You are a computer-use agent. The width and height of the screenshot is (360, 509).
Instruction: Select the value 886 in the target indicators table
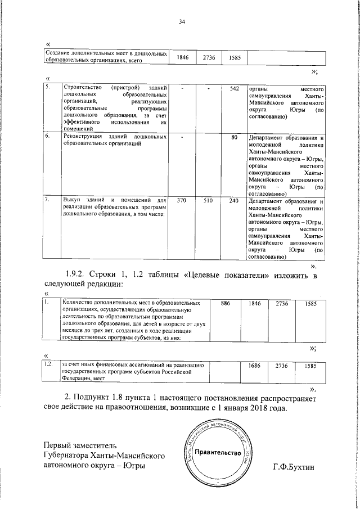(225, 304)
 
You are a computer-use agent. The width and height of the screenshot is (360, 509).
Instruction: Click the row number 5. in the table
(48, 88)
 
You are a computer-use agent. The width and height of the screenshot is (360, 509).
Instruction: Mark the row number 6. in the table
(48, 137)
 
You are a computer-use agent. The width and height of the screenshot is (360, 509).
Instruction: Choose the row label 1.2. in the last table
(49, 365)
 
